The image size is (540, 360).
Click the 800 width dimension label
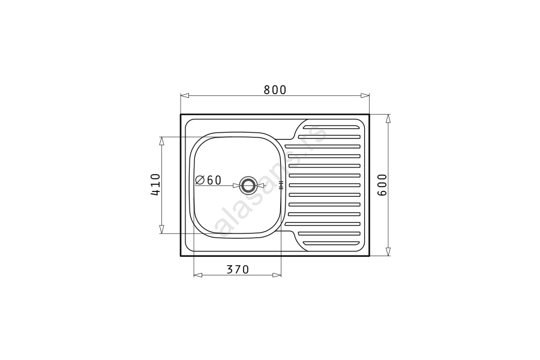[275, 89]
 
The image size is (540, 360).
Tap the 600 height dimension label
[382, 185]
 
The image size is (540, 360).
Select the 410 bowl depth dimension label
[155, 185]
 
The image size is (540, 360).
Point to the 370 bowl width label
[238, 269]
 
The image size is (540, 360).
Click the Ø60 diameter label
[208, 180]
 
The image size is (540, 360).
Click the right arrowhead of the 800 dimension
[365, 95]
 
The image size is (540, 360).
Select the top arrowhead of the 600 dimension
[388, 119]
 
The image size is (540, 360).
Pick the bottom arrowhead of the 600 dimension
[388, 251]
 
